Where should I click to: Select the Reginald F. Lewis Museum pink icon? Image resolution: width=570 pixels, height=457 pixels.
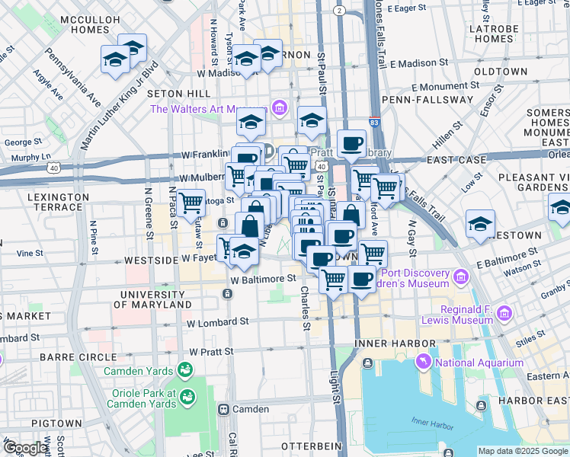coord(502,314)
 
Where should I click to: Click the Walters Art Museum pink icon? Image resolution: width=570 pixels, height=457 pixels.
coord(279,108)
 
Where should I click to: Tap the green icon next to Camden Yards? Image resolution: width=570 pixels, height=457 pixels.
coord(184,370)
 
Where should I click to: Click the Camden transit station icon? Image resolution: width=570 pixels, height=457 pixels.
coord(224,409)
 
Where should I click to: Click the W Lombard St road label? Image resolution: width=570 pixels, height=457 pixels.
coord(217,323)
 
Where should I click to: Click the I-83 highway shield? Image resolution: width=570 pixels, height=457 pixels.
coord(373,122)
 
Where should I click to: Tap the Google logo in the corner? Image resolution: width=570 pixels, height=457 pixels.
coord(25,448)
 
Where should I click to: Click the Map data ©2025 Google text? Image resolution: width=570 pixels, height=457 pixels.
coord(523,451)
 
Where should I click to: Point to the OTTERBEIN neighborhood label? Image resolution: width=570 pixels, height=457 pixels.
coord(290,446)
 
